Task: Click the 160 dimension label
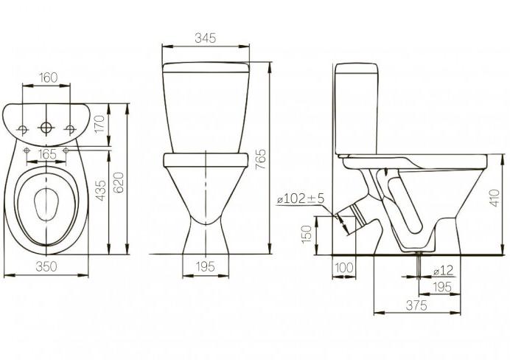coord(48,77)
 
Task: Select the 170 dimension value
coord(99,124)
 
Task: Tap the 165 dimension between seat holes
coord(47,153)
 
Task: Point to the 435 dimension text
coord(101,190)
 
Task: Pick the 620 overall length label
coord(119,183)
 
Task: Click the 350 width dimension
coord(46,266)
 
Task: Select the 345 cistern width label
coord(205,38)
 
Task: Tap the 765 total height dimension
coord(261,159)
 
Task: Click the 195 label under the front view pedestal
coord(205,267)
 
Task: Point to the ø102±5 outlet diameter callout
coord(301,199)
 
